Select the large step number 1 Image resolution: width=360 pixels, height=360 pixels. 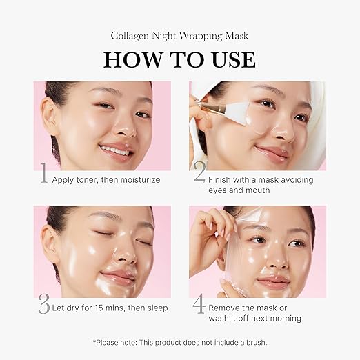tap(43, 174)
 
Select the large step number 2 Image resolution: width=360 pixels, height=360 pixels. tap(199, 174)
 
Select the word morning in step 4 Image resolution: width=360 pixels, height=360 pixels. tap(286, 319)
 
